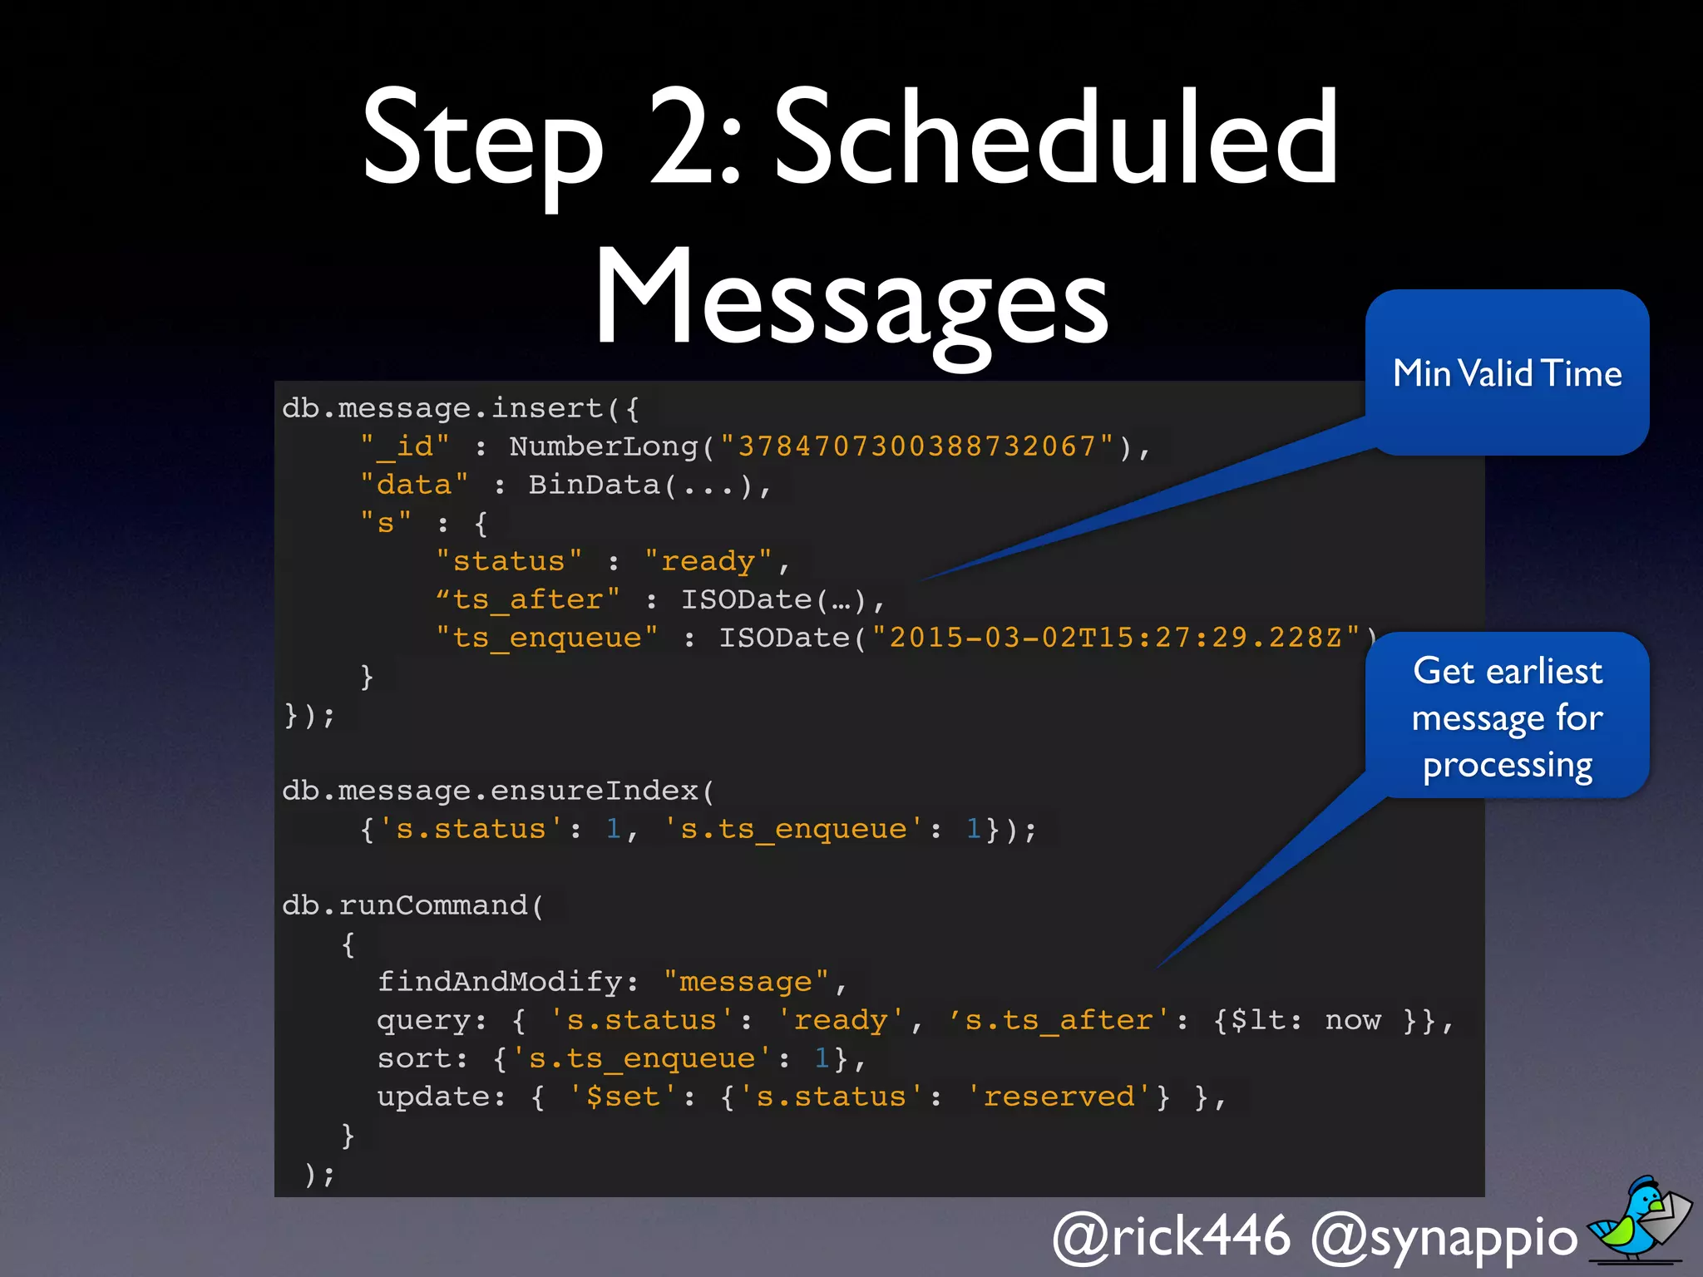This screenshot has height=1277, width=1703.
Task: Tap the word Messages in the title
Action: tap(851, 298)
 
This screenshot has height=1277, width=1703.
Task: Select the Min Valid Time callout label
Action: tap(1507, 373)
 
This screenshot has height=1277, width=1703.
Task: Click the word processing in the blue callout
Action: tap(1507, 765)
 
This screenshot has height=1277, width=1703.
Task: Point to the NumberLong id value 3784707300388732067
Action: tap(917, 446)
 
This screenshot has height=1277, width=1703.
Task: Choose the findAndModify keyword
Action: tap(500, 982)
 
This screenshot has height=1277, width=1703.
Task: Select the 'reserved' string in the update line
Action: tap(1059, 1097)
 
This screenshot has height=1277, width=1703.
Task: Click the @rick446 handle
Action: tap(1171, 1235)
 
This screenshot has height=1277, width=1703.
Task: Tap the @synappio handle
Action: tap(1443, 1237)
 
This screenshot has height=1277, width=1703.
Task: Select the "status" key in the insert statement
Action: tap(509, 561)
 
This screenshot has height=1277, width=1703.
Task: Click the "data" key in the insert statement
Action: tap(414, 485)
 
